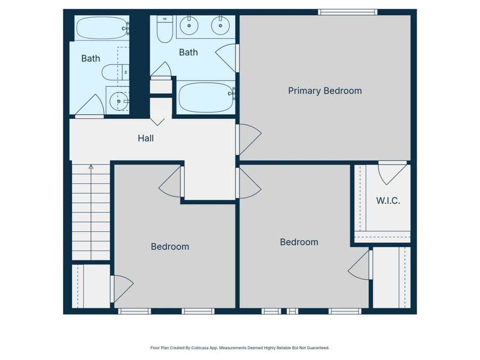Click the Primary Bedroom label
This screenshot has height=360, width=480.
pos(325,91)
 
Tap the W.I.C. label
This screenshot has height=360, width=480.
pos(388,201)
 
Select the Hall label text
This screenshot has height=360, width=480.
pos(146,138)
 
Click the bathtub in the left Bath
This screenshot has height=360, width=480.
pos(101,28)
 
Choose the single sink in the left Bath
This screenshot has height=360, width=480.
pos(117,100)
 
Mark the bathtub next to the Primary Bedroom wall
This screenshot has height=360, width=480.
pos(205,97)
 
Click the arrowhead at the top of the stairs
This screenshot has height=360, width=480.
pos(91,167)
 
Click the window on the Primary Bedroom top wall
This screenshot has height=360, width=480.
pos(348,12)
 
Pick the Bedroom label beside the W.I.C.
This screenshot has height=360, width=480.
pos(299,242)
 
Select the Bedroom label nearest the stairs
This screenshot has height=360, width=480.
pos(170,246)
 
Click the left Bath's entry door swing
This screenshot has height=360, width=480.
pos(90,106)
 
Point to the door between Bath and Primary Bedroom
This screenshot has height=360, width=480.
pos(228,57)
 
